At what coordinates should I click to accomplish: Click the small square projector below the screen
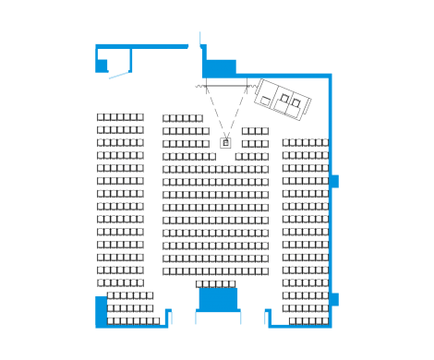coord(225,143)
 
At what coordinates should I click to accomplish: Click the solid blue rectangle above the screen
coord(219,67)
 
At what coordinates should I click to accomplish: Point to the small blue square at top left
coord(102,66)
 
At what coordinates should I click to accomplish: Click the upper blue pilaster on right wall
coord(335,181)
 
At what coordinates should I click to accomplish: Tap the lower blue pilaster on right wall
coord(335,298)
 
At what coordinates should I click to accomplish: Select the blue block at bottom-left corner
coord(101,310)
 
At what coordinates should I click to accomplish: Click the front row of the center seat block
coord(183,118)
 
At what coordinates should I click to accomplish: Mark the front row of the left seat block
coord(120,117)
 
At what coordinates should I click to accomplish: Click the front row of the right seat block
coord(305,143)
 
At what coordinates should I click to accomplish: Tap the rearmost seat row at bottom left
coord(133,321)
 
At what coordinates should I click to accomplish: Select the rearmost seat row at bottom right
coord(308,321)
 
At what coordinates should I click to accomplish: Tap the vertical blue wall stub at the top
coord(200,41)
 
